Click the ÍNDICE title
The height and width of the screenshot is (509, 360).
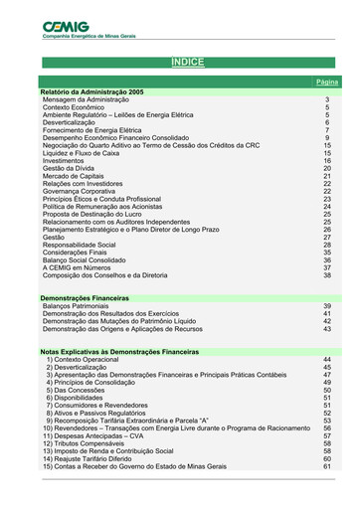[187, 62]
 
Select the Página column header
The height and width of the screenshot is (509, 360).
[326, 81]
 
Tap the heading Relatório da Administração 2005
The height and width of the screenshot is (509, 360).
[92, 91]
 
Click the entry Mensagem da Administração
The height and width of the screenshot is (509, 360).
[87, 100]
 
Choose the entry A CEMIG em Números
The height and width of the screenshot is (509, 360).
[76, 266]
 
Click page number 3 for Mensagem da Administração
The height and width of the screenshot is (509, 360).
[327, 100]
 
